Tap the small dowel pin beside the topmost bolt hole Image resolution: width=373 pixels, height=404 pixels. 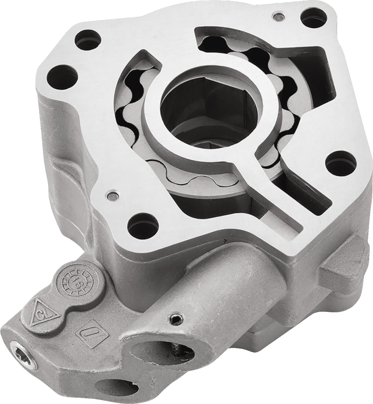(277, 17)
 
